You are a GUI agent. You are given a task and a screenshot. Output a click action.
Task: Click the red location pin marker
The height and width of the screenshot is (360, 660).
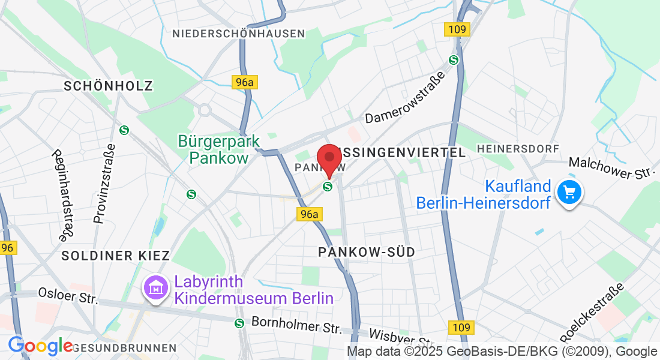pyautogui.click(x=329, y=157)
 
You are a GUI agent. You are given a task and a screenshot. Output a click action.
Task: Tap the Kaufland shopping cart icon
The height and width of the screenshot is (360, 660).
pyautogui.click(x=569, y=193)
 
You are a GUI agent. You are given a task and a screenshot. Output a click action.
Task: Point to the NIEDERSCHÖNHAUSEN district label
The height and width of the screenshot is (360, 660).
pyautogui.click(x=239, y=34)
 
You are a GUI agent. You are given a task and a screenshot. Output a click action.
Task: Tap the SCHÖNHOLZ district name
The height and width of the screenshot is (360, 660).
pyautogui.click(x=108, y=86)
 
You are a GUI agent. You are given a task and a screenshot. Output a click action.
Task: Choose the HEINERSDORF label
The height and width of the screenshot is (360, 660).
pyautogui.click(x=517, y=148)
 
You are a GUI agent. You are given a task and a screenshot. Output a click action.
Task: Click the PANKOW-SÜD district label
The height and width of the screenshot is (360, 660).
pyautogui.click(x=367, y=252)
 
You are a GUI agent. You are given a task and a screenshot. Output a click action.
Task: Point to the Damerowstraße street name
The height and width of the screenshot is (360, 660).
pyautogui.click(x=406, y=97)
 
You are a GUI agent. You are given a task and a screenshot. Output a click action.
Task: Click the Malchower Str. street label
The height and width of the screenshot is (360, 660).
pyautogui.click(x=610, y=168)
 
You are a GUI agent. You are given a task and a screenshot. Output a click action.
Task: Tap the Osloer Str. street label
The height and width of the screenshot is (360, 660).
pyautogui.click(x=67, y=295)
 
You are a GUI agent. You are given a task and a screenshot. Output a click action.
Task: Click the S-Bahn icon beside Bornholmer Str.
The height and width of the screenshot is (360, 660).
pyautogui.click(x=239, y=323)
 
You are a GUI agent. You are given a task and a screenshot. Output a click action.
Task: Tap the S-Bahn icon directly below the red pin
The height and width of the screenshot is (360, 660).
pyautogui.click(x=328, y=187)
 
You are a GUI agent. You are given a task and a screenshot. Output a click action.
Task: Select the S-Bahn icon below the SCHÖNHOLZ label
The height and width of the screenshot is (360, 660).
pyautogui.click(x=124, y=130)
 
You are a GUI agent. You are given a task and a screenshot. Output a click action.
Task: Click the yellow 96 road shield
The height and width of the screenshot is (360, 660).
pyautogui.click(x=7, y=248)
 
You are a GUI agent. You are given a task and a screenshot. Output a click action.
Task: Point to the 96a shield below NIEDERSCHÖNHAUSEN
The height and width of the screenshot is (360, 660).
pyautogui.click(x=244, y=82)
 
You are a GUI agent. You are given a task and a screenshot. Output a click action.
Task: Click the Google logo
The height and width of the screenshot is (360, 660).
pyautogui.click(x=40, y=346)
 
